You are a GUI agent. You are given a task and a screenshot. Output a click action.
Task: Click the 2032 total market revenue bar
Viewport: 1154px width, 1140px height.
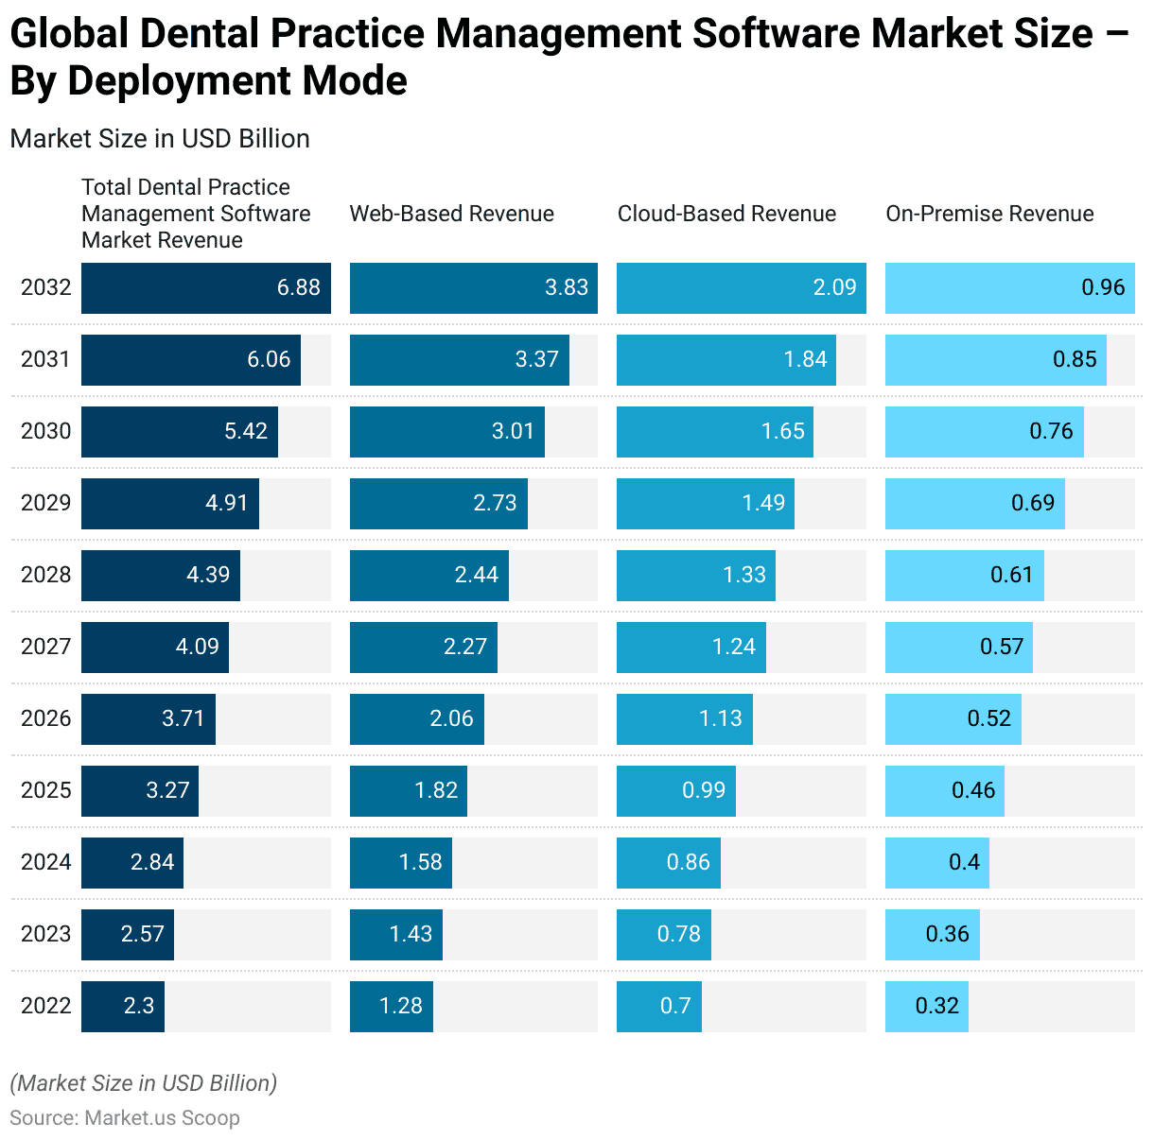tap(205, 288)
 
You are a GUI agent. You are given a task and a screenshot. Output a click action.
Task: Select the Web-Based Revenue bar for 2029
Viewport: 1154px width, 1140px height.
tap(438, 503)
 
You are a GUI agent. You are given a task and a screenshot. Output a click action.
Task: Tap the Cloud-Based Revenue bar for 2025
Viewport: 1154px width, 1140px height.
tap(675, 790)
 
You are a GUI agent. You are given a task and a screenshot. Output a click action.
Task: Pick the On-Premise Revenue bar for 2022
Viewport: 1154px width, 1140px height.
tap(926, 1006)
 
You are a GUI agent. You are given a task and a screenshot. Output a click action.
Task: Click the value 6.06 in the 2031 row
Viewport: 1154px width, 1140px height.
tap(269, 359)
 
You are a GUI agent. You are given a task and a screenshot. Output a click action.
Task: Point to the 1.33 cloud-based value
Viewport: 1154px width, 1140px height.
tap(744, 575)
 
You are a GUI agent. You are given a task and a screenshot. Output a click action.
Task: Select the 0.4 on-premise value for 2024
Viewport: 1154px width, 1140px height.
tap(965, 862)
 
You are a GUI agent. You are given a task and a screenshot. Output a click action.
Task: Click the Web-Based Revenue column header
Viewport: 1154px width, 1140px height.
tap(451, 214)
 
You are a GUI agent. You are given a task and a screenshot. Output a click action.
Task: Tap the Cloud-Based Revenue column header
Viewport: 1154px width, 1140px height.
tap(726, 214)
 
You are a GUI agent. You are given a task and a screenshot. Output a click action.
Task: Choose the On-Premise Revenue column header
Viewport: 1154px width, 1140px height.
tap(989, 214)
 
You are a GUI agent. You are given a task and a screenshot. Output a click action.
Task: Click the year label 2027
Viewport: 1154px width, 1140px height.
tap(45, 647)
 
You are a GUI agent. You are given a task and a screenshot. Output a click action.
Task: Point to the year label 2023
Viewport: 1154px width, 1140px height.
tap(45, 934)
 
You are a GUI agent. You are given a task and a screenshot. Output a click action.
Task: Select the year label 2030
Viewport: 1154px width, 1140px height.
tap(45, 431)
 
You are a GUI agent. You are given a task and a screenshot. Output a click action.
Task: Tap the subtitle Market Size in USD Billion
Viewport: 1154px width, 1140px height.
tap(160, 139)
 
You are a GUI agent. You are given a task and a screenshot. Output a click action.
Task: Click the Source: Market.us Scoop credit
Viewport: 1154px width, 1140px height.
tap(125, 1118)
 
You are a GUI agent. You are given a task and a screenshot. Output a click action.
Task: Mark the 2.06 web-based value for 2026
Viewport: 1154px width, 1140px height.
tap(451, 718)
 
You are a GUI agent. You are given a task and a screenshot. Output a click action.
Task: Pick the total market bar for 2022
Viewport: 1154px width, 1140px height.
tap(123, 1006)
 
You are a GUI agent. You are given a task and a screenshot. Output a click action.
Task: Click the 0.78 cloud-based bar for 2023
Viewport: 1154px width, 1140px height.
tap(663, 934)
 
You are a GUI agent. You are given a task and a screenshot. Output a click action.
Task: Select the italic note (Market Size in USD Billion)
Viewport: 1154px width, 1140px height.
tap(143, 1083)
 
